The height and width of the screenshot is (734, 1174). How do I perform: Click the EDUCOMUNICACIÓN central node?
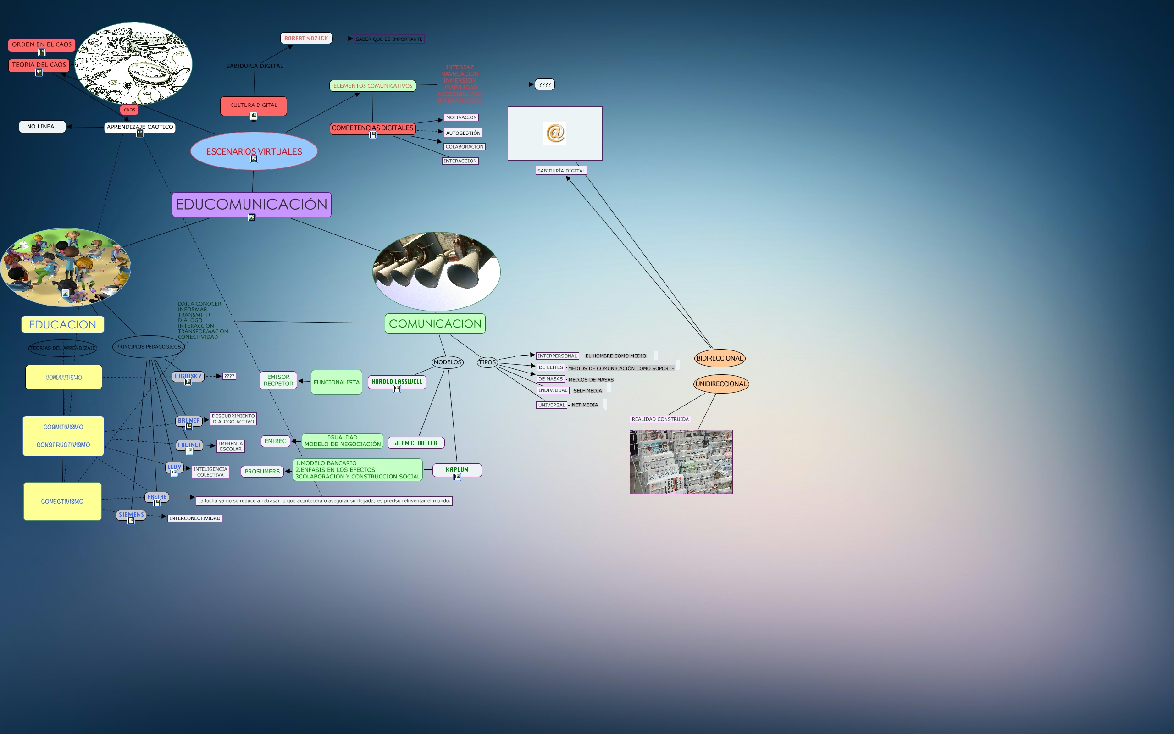tap(251, 205)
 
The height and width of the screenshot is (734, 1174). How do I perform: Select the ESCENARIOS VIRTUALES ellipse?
tap(254, 150)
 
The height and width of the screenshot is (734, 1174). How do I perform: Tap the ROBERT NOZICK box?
tap(306, 39)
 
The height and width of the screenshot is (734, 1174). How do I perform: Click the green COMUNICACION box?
tap(435, 323)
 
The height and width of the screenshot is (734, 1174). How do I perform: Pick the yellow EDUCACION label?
tap(62, 324)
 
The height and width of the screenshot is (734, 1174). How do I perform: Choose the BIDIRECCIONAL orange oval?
tap(720, 358)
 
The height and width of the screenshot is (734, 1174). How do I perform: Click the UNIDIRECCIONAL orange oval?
tap(721, 384)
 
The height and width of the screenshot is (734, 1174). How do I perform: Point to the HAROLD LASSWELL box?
tap(397, 382)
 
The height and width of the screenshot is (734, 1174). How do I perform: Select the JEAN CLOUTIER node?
tap(416, 443)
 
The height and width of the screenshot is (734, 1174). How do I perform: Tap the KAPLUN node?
tap(457, 469)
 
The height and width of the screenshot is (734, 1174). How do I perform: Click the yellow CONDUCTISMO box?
tap(64, 377)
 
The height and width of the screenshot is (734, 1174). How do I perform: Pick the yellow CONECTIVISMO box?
tap(62, 501)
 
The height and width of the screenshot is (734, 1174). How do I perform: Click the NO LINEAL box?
tap(42, 127)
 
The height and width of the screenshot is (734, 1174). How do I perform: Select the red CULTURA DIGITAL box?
tap(253, 106)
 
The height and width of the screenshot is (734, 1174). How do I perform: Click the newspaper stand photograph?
tap(681, 462)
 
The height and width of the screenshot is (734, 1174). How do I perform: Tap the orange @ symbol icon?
tap(555, 133)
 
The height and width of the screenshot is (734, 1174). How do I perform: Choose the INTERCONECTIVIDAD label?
tap(194, 518)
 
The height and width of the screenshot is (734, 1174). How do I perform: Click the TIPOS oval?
tap(487, 362)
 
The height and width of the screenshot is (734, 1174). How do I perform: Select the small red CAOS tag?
tap(129, 110)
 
